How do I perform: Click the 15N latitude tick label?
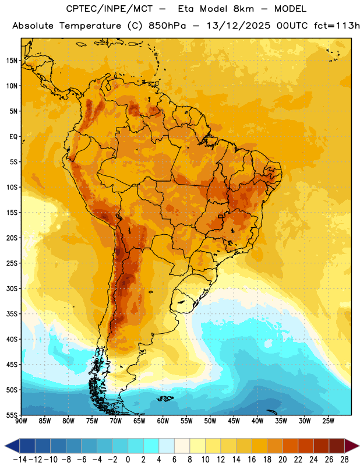coord(12,61)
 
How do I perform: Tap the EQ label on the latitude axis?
coord(13,137)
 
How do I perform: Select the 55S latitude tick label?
coord(12,415)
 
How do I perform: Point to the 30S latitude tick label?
coord(12,288)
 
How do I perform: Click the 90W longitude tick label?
coord(21,421)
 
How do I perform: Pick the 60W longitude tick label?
coord(163,421)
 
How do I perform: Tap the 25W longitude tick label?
coord(328,421)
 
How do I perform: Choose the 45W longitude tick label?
coord(234,421)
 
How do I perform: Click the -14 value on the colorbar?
coord(20,460)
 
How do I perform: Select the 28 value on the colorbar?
coord(344,460)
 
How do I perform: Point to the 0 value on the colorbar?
coord(128,460)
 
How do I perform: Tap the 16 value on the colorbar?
coord(252,460)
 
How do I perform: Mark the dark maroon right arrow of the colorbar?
coord(352,446)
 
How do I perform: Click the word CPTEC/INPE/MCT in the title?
coord(109,9)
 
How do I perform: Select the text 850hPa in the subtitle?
coord(167,26)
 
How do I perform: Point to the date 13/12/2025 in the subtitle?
coord(238,26)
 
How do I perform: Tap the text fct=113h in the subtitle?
coord(337,26)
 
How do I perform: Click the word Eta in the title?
coord(185,9)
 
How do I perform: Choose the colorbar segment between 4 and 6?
coord(167,446)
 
